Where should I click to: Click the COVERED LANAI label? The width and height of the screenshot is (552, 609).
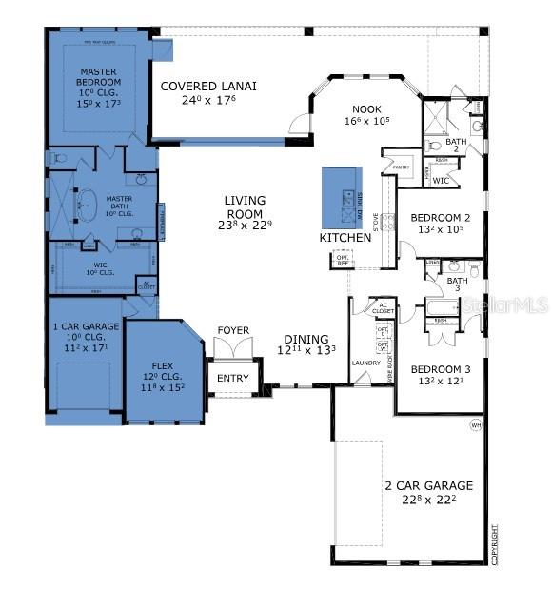[208, 86]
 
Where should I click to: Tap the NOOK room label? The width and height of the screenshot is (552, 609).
[366, 109]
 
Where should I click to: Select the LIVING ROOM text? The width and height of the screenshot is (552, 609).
[245, 201]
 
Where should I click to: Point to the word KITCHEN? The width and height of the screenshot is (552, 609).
[344, 237]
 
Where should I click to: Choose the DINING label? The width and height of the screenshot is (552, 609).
[306, 339]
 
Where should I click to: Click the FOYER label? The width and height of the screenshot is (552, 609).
[233, 331]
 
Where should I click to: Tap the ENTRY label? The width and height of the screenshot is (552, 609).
[232, 379]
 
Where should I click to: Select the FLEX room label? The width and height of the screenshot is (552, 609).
[163, 365]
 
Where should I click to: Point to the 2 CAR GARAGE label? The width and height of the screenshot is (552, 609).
[427, 485]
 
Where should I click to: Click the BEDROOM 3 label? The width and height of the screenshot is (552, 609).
[437, 369]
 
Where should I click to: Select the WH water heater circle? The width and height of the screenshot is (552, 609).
[476, 425]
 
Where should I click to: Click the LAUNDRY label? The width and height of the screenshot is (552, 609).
[366, 363]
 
